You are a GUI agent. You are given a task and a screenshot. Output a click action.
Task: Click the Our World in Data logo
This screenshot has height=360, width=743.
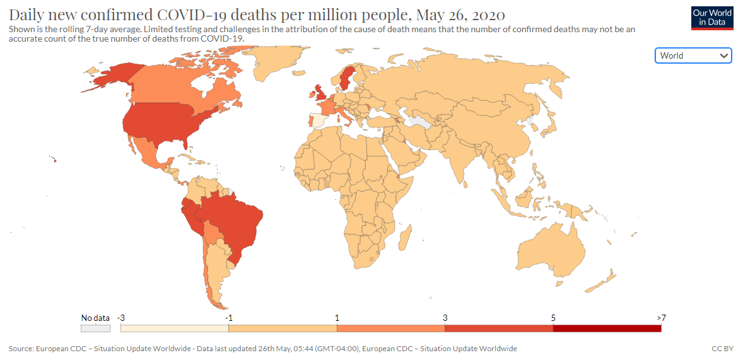coord(711,17)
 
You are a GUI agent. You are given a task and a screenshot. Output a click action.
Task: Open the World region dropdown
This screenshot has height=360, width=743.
coord(693,55)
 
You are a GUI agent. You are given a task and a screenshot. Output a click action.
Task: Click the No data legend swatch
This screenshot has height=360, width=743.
coord(95,328)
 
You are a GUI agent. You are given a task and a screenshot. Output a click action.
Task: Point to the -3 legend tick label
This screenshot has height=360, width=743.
coord(120,318)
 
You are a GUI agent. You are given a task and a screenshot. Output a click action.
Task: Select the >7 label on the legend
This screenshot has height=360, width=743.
coord(660,318)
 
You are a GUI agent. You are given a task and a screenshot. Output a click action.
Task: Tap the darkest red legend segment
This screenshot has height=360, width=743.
coord(607,328)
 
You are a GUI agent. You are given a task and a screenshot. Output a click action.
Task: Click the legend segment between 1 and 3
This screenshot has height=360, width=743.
coord(390,328)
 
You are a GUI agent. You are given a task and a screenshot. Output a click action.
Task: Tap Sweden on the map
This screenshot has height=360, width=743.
coord(346,79)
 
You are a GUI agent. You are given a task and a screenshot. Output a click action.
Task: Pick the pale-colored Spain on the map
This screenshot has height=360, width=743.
coord(320,120)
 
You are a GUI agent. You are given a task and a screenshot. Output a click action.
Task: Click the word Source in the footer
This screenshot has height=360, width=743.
coord(21,349)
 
